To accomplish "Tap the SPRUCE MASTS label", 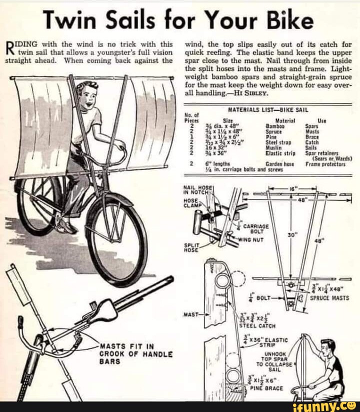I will (x=329, y=297).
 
